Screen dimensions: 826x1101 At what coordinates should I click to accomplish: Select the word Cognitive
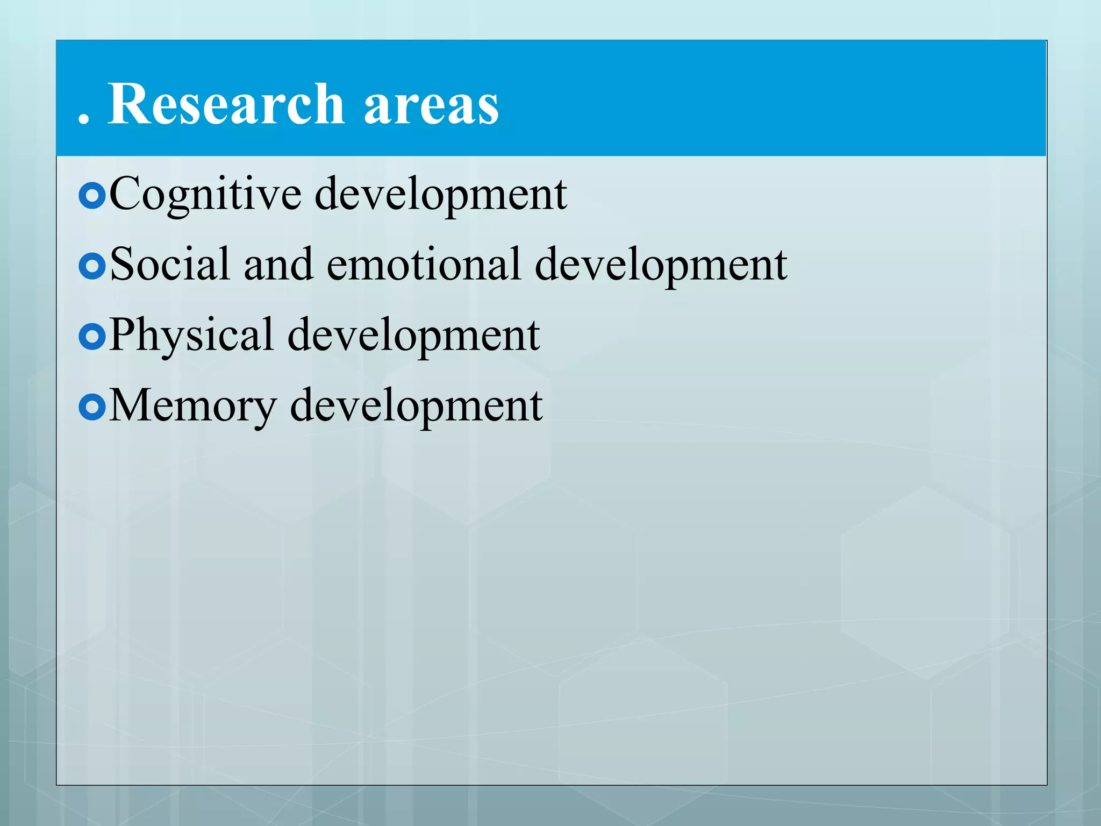205,195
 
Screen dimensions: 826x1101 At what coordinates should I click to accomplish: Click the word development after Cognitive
440,195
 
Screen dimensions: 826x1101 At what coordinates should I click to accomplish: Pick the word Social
170,264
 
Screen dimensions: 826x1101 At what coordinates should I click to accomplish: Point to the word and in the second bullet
278,264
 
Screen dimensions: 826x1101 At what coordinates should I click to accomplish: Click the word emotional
424,264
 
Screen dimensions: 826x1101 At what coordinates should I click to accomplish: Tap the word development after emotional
661,265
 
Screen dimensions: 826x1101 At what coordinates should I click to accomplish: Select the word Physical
191,336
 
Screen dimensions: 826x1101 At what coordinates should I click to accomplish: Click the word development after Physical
413,336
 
